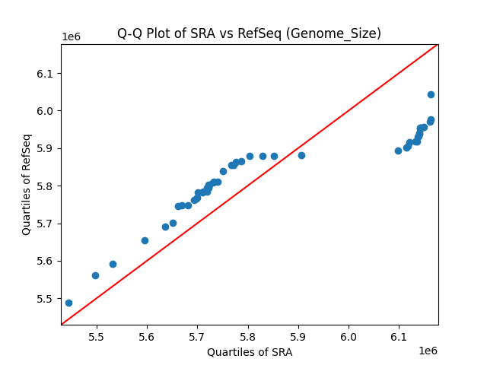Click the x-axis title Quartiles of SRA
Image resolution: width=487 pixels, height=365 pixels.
250,352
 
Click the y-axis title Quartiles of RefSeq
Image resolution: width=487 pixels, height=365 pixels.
27,184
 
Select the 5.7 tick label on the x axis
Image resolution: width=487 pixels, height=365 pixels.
197,337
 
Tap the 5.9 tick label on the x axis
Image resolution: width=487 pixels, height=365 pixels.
298,337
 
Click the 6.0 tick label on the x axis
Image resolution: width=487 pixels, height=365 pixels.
349,337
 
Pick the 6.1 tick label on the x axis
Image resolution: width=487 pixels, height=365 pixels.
399,337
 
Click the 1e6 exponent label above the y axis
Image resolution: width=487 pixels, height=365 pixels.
72,37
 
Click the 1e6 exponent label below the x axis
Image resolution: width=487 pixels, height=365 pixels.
427,351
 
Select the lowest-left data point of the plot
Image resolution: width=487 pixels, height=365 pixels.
68,303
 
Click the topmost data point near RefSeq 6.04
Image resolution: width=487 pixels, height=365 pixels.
431,94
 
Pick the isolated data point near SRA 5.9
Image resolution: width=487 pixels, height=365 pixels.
301,155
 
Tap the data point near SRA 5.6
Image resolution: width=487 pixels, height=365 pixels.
145,240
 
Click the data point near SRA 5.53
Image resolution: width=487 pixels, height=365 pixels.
113,264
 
